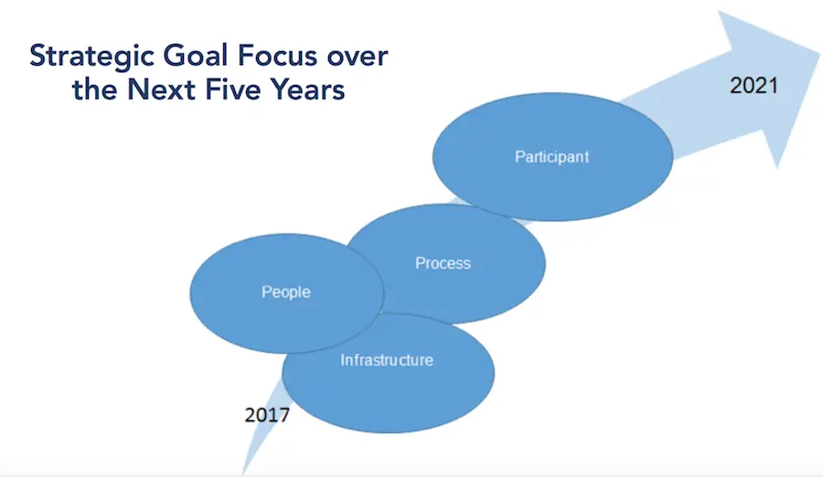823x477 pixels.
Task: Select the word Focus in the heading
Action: [x=278, y=56]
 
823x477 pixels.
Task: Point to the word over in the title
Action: [x=358, y=58]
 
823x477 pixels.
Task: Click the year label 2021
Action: [x=754, y=86]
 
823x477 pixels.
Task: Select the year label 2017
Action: [x=267, y=415]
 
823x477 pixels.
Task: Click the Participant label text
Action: [x=551, y=157]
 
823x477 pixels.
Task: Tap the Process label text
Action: [x=443, y=263]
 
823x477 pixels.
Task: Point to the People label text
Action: [x=286, y=292]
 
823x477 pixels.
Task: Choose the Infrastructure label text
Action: [x=387, y=360]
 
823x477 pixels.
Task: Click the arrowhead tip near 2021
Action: [x=818, y=53]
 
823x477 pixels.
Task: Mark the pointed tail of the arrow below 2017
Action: [x=243, y=474]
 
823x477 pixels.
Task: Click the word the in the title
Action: [x=94, y=90]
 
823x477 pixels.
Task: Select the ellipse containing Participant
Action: [x=552, y=157]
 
